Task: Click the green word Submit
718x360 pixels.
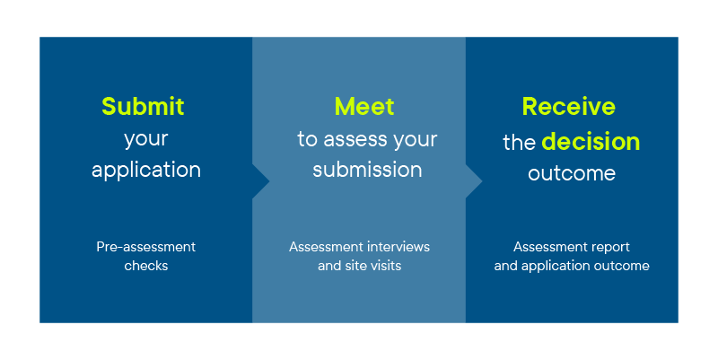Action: pyautogui.click(x=143, y=106)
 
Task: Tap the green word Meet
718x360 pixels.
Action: pyautogui.click(x=364, y=106)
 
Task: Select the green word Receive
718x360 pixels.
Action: pyautogui.click(x=569, y=106)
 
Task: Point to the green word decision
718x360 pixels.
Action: pyautogui.click(x=591, y=142)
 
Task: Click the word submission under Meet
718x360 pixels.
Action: pyautogui.click(x=367, y=170)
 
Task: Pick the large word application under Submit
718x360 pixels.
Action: pyautogui.click(x=146, y=170)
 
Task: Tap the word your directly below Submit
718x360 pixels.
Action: pyautogui.click(x=146, y=139)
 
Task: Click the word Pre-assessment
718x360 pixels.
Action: pyautogui.click(x=146, y=246)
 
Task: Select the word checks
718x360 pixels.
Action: pyautogui.click(x=146, y=266)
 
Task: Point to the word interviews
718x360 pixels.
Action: pyautogui.click(x=398, y=246)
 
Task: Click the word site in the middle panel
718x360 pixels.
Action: pyautogui.click(x=355, y=266)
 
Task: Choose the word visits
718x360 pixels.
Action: pyautogui.click(x=384, y=266)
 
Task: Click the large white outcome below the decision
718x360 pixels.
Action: pyautogui.click(x=572, y=173)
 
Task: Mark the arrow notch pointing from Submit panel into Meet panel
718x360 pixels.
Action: pyautogui.click(x=262, y=181)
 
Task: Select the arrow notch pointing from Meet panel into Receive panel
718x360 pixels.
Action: pyautogui.click(x=475, y=181)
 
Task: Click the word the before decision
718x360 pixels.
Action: pyautogui.click(x=520, y=143)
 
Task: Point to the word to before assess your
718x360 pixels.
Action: pyautogui.click(x=308, y=139)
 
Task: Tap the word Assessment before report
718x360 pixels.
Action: pyautogui.click(x=549, y=246)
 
